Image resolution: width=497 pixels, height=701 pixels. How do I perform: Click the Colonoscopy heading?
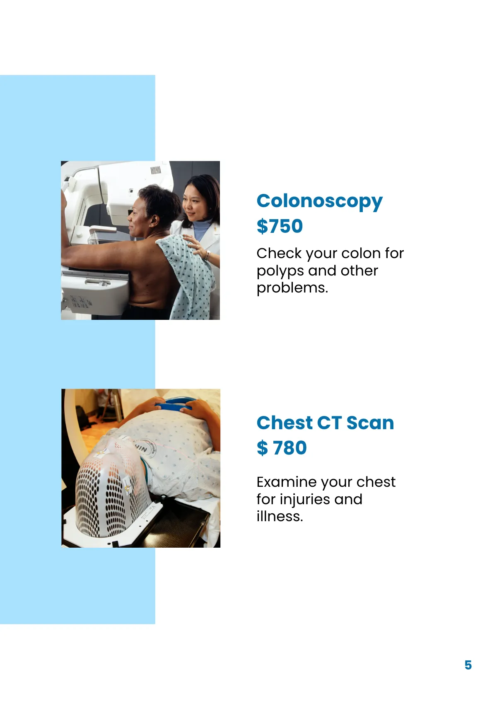tap(319, 202)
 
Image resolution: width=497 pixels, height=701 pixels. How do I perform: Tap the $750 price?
tap(280, 226)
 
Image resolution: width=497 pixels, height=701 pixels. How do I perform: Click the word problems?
tap(292, 288)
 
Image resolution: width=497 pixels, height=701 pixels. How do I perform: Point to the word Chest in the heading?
tap(285, 423)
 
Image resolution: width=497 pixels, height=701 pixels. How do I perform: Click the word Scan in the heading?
tap(370, 423)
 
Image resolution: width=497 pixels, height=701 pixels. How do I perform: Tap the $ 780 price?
tap(282, 448)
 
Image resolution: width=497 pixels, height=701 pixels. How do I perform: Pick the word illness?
tap(280, 516)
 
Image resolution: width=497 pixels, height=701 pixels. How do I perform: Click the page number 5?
tap(468, 665)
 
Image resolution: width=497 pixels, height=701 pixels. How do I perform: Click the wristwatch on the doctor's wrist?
tap(207, 255)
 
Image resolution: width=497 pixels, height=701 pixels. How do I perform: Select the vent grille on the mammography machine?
tap(155, 170)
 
